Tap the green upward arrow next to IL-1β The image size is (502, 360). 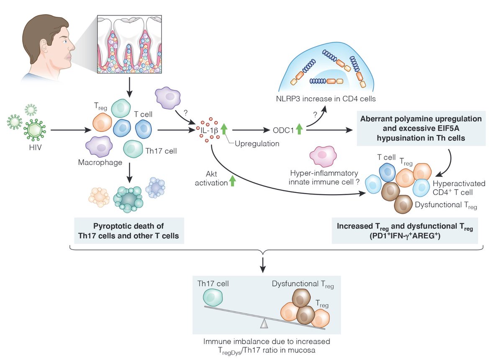pos(223,130)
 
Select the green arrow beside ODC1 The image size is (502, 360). pos(299,130)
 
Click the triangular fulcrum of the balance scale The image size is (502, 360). pos(264,323)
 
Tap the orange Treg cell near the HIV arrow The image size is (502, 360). pos(101,123)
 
